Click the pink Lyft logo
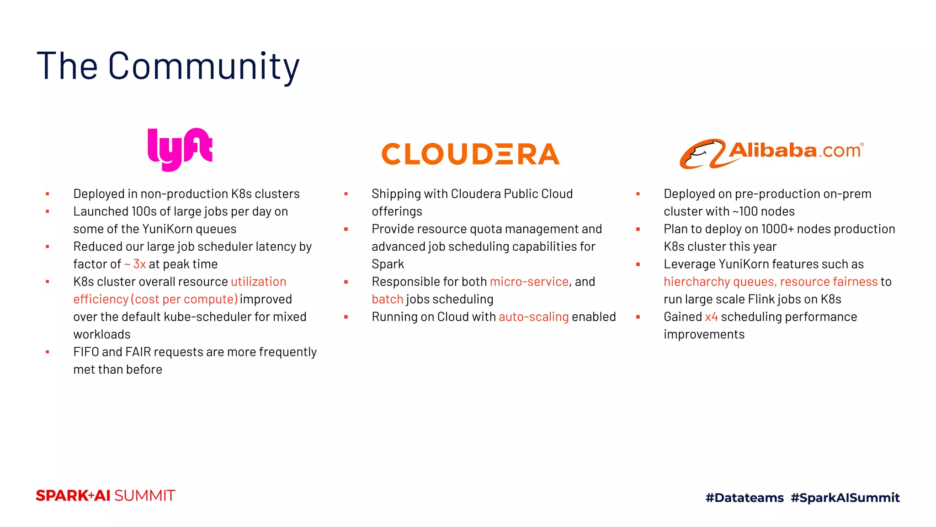(x=180, y=150)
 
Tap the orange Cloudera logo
(x=470, y=154)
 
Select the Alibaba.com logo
(x=771, y=154)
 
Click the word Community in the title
(x=204, y=67)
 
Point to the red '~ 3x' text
(x=135, y=264)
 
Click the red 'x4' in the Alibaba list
(x=711, y=317)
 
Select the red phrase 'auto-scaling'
(x=533, y=317)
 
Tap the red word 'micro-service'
(x=529, y=281)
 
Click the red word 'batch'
(x=387, y=299)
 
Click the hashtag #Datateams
(x=745, y=497)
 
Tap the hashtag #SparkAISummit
(x=845, y=497)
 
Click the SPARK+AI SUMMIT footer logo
(x=106, y=495)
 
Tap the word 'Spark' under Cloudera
(x=388, y=264)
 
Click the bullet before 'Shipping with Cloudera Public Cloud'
(x=346, y=194)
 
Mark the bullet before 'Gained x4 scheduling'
(x=638, y=317)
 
